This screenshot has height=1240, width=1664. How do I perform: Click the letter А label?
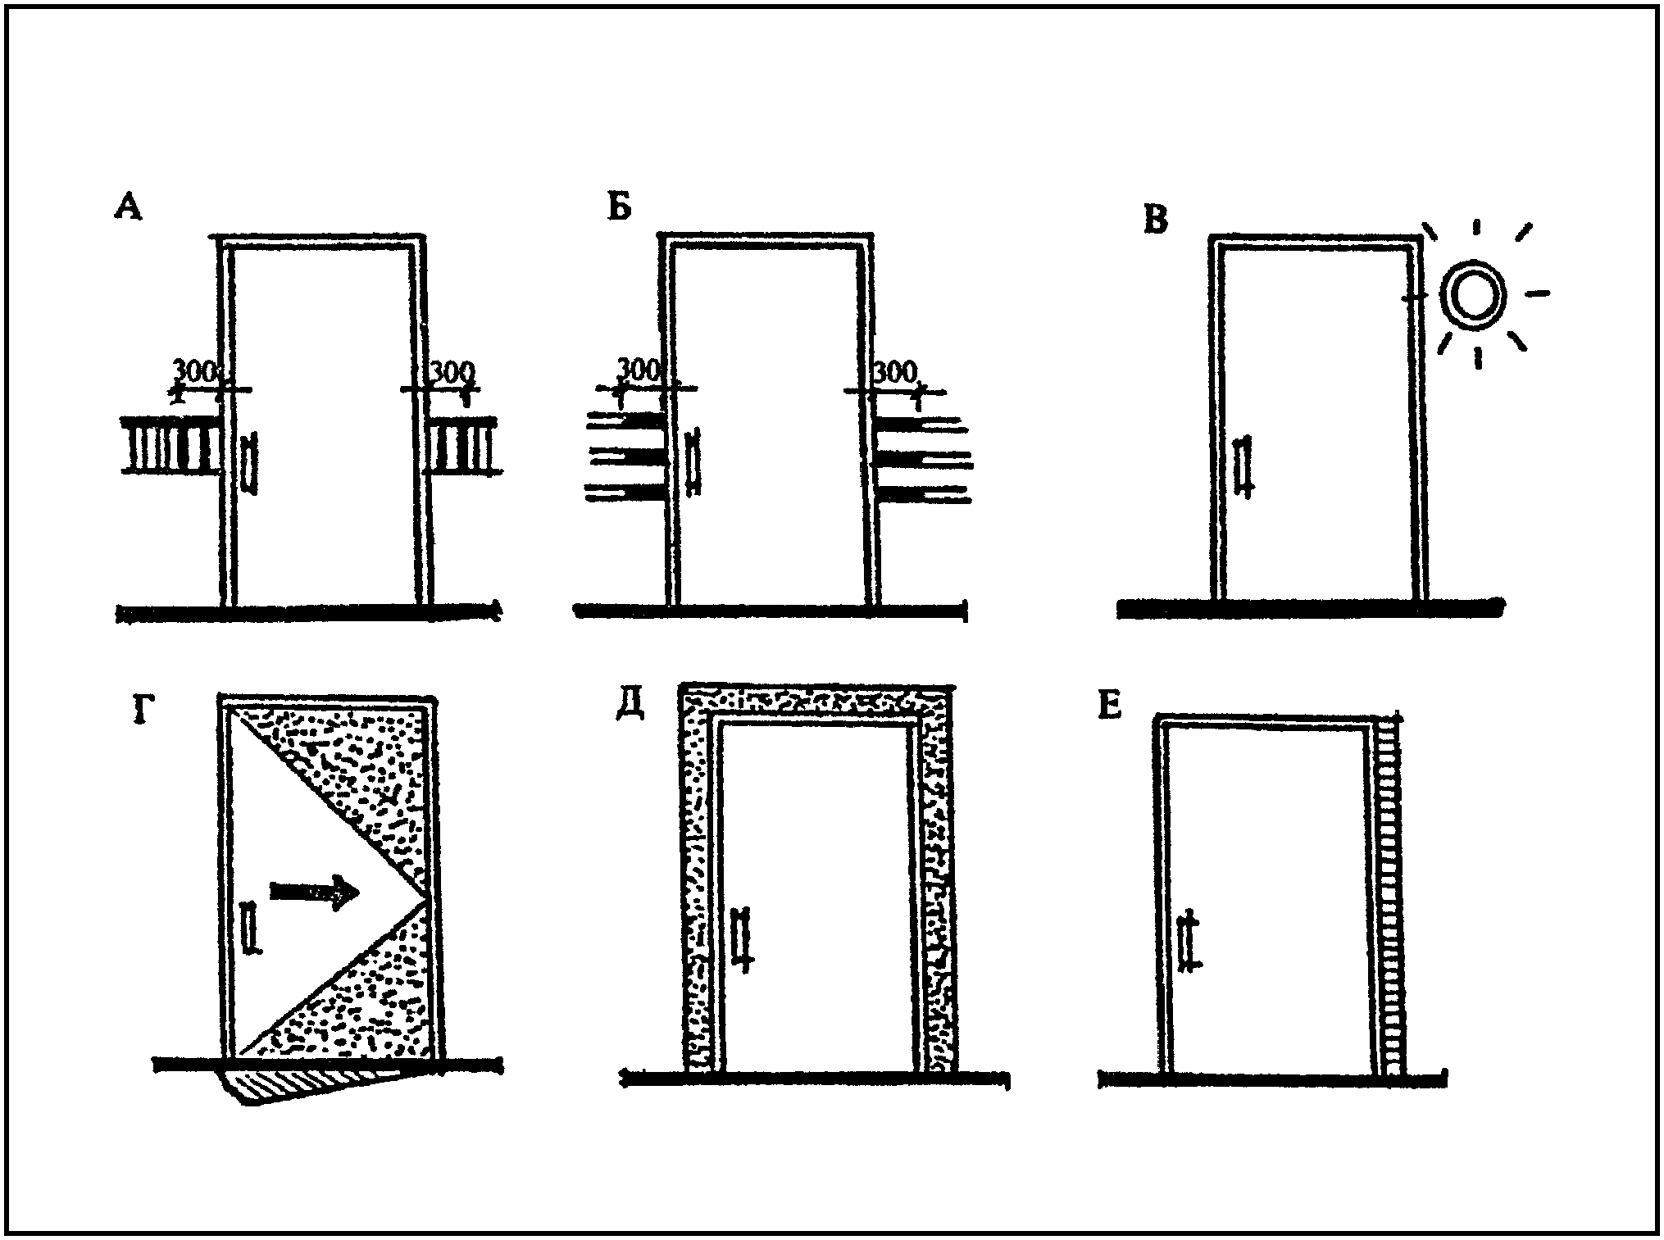pyautogui.click(x=129, y=206)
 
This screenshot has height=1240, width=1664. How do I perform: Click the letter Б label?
pyautogui.click(x=620, y=208)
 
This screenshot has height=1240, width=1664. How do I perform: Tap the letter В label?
pyautogui.click(x=1155, y=220)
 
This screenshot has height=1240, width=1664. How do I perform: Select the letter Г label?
pyautogui.click(x=144, y=711)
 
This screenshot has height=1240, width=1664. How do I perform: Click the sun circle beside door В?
pyautogui.click(x=1473, y=295)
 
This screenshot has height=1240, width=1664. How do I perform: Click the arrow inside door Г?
pyautogui.click(x=315, y=893)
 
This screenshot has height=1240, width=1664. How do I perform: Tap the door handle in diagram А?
pyautogui.click(x=250, y=464)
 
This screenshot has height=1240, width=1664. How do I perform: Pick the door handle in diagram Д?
pyautogui.click(x=742, y=938)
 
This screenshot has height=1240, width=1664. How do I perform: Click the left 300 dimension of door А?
pyautogui.click(x=195, y=371)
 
